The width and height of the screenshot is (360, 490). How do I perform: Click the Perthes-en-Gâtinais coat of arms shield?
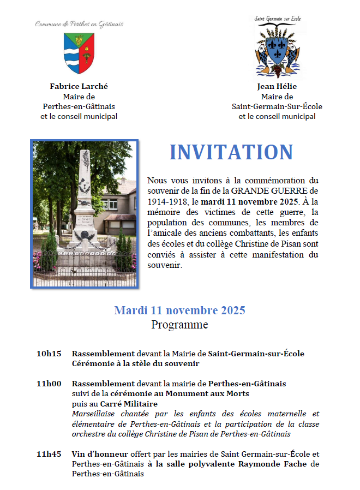[x=79, y=53]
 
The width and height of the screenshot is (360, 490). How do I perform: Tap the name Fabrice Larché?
[x=79, y=86]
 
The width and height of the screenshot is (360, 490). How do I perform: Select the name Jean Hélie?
[x=277, y=86]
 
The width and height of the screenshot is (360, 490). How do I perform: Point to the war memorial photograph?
[x=85, y=213]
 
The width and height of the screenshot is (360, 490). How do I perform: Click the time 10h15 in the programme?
[x=49, y=354]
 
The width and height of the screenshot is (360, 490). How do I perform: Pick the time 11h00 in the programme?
[x=49, y=384]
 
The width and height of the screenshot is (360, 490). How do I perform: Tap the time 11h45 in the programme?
[x=49, y=453]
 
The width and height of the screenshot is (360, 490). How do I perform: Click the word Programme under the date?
[x=179, y=325]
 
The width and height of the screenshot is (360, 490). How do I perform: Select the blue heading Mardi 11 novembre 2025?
[x=179, y=310]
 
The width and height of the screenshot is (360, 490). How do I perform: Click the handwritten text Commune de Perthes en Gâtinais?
[x=79, y=24]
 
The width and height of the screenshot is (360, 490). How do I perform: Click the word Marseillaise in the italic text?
[x=94, y=414]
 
